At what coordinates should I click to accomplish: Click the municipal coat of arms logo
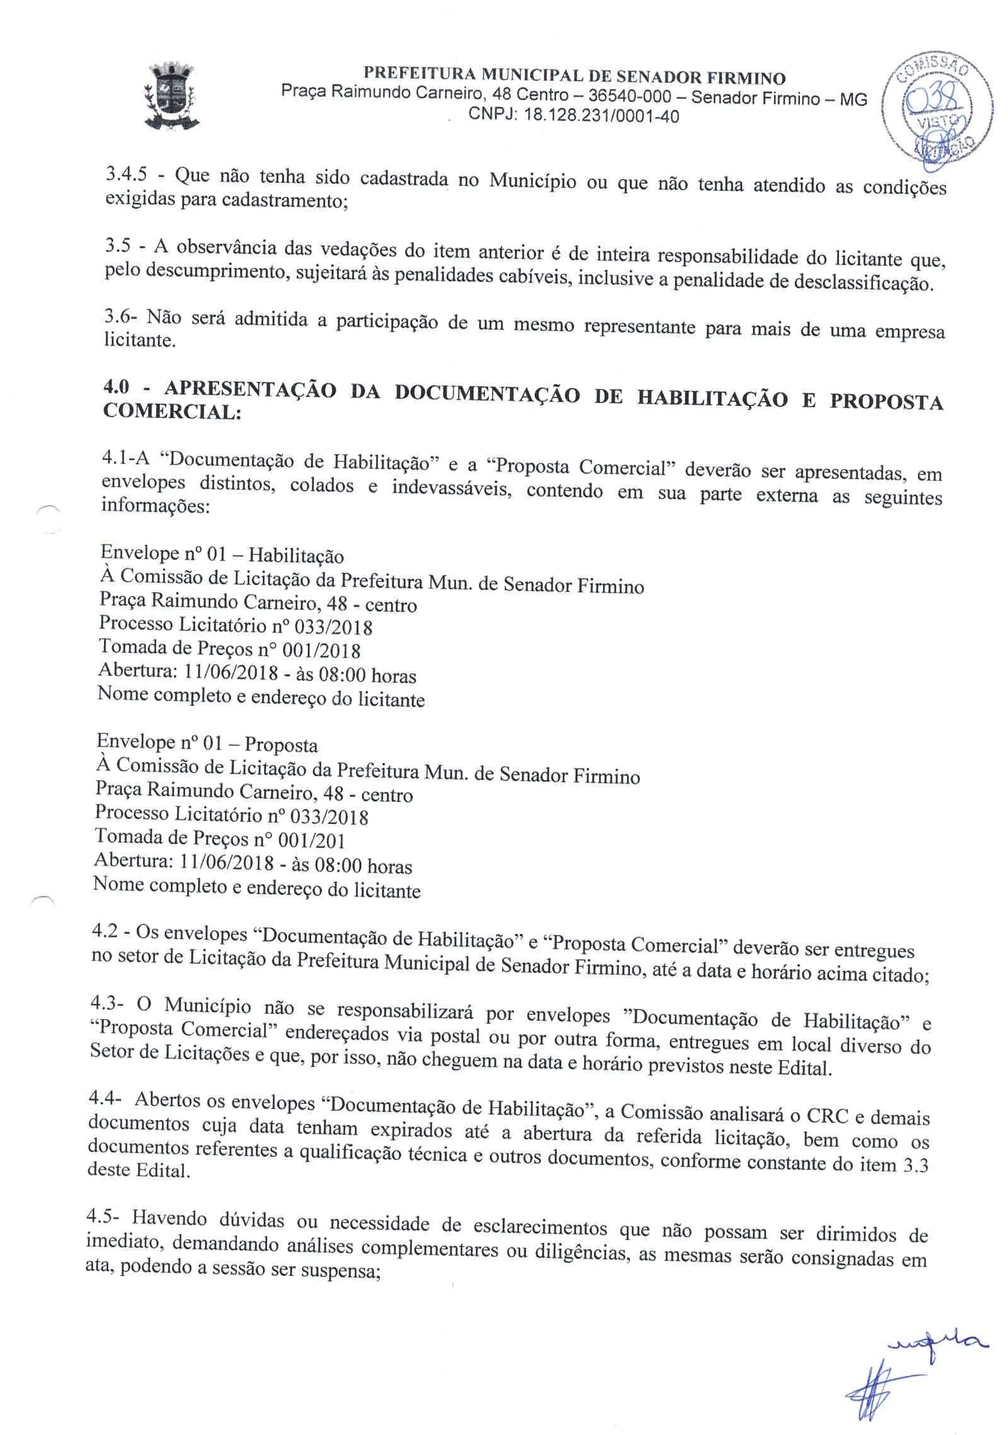point(169,96)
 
